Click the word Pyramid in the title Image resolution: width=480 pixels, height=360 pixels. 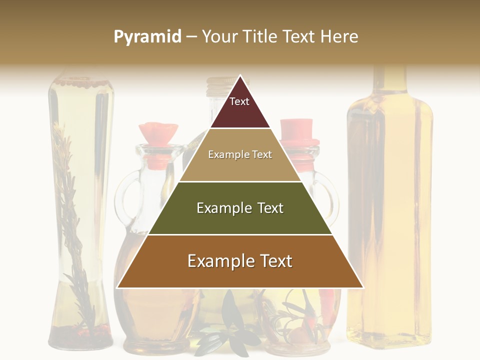tap(147, 37)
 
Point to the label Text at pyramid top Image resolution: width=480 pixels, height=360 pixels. tap(239, 101)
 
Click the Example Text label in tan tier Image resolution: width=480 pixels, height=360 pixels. tap(240, 154)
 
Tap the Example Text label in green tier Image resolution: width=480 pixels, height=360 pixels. tap(240, 208)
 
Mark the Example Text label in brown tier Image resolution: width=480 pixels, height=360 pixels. tap(240, 261)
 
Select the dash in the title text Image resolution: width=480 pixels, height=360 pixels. tap(191, 37)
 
